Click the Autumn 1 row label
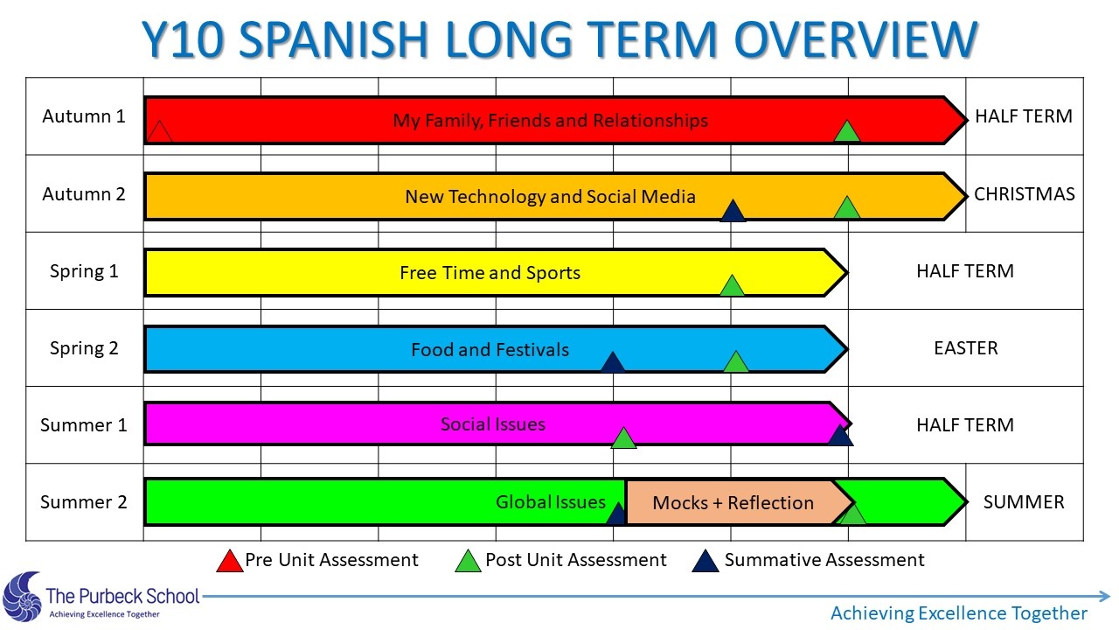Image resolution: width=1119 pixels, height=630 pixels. coord(83,116)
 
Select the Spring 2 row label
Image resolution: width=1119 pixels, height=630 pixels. coord(84,348)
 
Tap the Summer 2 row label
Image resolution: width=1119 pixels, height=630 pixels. coord(83,502)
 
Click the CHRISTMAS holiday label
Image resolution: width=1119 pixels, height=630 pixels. coord(1024,194)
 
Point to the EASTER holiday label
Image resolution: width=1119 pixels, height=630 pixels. coord(966,348)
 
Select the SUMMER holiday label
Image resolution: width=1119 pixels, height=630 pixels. coord(1024,502)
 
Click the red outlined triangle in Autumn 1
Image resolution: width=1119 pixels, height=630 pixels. coord(159,131)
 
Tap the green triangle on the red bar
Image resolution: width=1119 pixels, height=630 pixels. coord(847,131)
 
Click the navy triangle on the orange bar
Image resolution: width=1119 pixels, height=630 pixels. coord(733,211)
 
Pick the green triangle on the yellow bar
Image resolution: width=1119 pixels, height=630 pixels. coord(733,285)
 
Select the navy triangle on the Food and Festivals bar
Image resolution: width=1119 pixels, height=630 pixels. coord(613,362)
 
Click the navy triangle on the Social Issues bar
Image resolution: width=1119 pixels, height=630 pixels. coord(840,435)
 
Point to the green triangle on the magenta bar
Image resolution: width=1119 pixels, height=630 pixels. coord(623,438)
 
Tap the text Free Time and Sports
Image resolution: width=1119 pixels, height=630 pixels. coord(490,273)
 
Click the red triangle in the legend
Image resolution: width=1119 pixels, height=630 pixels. coord(230,561)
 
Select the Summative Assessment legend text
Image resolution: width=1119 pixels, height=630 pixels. coord(824,560)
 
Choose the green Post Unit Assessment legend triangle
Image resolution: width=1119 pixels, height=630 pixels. coord(468,561)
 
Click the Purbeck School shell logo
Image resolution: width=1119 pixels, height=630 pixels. coord(23,596)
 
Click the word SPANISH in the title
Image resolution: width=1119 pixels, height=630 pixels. coord(333,39)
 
